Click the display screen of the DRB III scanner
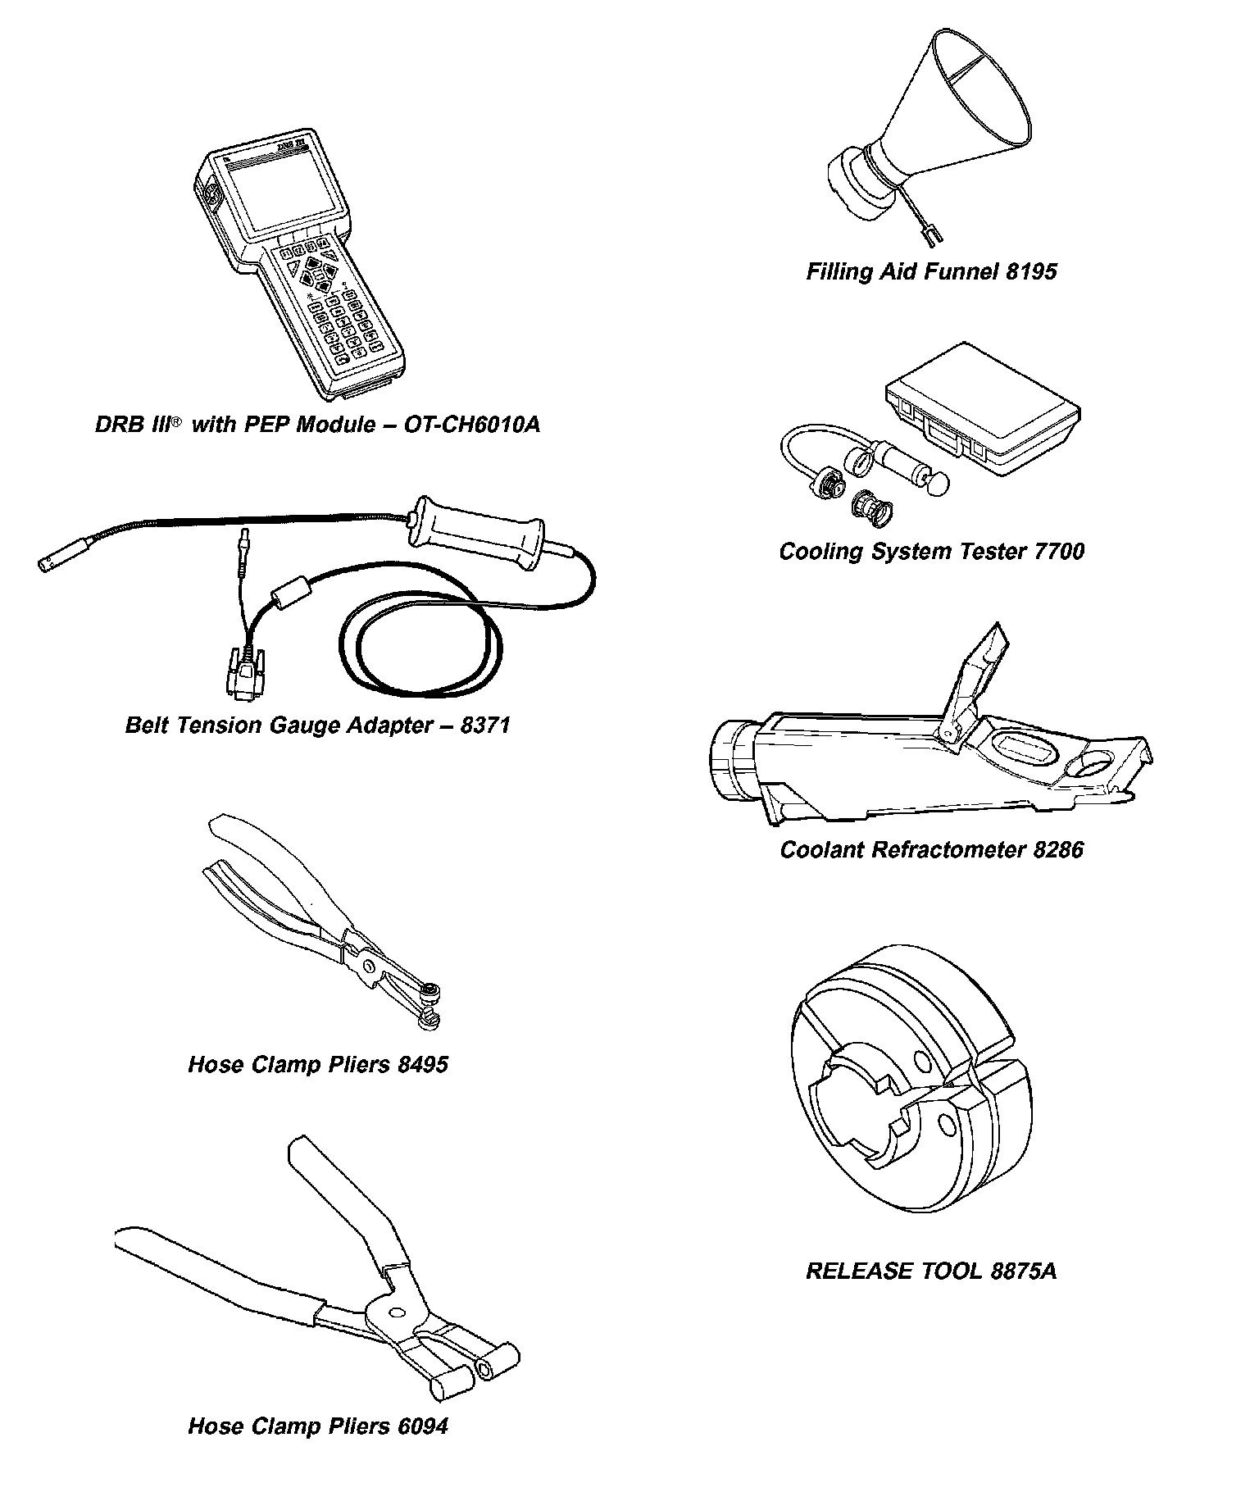[283, 193]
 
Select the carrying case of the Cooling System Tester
[983, 411]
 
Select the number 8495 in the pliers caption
[423, 1065]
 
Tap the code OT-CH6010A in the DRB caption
[473, 425]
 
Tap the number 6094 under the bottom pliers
[423, 1426]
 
